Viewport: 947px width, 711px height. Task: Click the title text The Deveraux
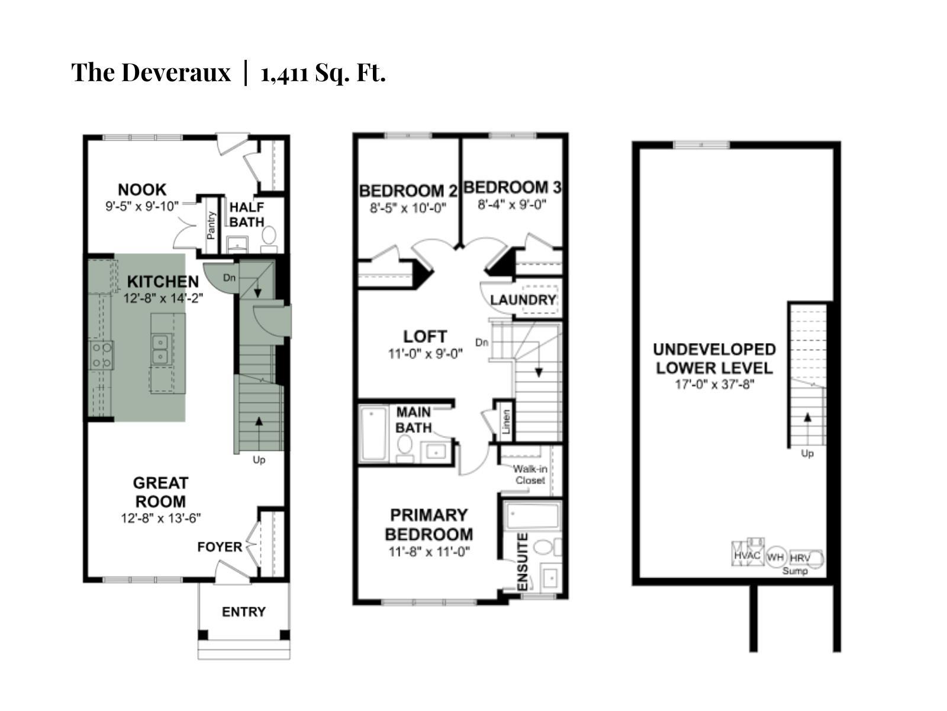point(151,73)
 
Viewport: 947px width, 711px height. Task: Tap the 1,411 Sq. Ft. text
point(323,73)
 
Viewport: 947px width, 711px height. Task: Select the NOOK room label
point(142,190)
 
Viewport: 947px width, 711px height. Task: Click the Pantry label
point(211,226)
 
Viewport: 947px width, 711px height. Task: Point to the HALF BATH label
point(247,214)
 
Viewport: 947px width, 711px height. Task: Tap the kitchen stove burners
point(101,355)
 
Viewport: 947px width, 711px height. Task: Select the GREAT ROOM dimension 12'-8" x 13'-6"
point(161,518)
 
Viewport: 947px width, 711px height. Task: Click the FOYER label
point(220,547)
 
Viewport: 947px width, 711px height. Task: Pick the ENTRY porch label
point(244,611)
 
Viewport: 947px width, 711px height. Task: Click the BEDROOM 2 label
point(408,191)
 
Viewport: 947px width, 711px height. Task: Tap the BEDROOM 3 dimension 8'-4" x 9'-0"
point(512,204)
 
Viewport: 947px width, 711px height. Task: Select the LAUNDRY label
point(523,300)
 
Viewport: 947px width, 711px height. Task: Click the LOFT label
point(425,337)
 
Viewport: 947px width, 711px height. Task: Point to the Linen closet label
point(506,422)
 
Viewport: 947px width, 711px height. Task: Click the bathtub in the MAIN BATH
point(373,433)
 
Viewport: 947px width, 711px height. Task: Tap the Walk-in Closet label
point(530,474)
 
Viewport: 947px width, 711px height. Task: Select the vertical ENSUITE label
point(523,562)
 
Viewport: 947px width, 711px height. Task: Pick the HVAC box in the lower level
point(747,555)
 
